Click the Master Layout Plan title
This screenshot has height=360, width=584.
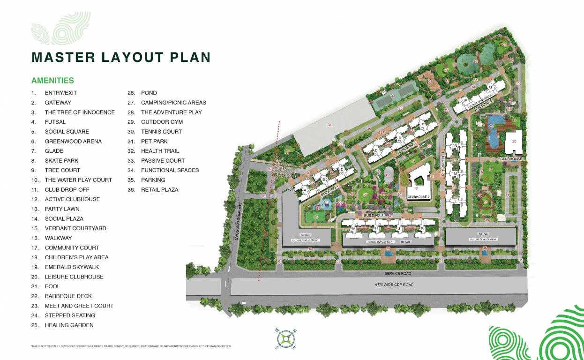click(x=120, y=57)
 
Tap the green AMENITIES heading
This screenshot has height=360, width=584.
click(x=52, y=81)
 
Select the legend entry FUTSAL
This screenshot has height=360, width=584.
click(x=55, y=122)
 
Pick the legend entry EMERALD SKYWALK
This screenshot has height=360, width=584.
click(x=72, y=267)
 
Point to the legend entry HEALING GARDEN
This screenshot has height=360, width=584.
click(x=69, y=325)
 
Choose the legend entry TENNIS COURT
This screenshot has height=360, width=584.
click(x=161, y=132)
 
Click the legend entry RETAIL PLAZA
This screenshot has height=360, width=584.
click(x=159, y=190)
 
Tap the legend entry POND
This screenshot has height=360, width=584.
click(x=149, y=93)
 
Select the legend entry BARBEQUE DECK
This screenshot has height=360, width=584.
click(x=68, y=296)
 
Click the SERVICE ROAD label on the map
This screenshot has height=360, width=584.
click(x=397, y=273)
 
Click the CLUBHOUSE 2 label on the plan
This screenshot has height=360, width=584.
click(x=417, y=197)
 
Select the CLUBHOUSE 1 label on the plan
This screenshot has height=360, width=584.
click(x=513, y=159)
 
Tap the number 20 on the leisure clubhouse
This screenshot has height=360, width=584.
click(x=514, y=141)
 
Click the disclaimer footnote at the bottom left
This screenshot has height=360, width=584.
click(x=131, y=346)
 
